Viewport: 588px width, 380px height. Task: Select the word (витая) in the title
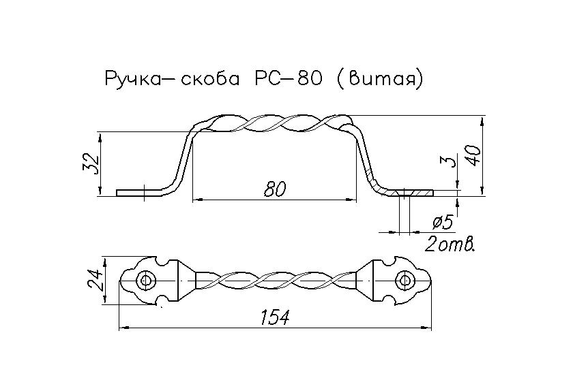[x=381, y=79]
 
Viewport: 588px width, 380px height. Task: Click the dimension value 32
[x=93, y=163]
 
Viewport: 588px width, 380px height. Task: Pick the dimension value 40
[x=476, y=154]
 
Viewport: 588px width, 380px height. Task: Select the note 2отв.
[x=449, y=244]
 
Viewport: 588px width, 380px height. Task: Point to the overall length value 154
[x=275, y=317]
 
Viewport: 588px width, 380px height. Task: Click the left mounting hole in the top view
[x=143, y=281]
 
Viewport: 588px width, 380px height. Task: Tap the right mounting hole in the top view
[x=405, y=281]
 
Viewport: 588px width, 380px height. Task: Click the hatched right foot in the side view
[x=409, y=193]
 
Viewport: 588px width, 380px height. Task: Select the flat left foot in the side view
[x=134, y=193]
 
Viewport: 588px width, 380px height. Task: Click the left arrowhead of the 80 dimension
[x=196, y=200]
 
